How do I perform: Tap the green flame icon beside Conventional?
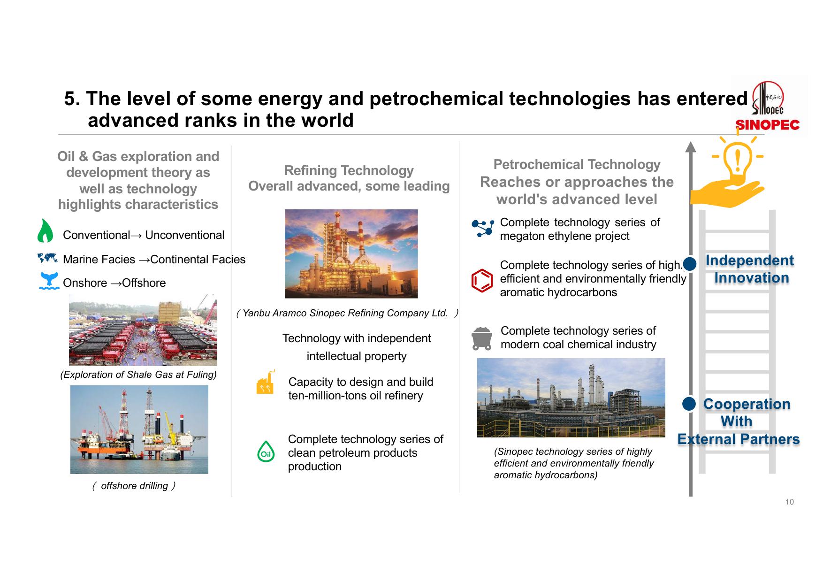[x=45, y=231]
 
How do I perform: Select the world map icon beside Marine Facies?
[x=47, y=258]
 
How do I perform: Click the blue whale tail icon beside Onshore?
[x=49, y=281]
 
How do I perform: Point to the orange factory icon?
[x=266, y=382]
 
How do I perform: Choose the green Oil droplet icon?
[x=266, y=452]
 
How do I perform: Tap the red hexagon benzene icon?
[x=482, y=281]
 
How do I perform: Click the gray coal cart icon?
[x=482, y=339]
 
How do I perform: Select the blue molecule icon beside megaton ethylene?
[x=482, y=228]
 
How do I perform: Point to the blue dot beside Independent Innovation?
[x=690, y=264]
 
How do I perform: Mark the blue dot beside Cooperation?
[x=689, y=404]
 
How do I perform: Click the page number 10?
[x=790, y=502]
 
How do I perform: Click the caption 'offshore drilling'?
[x=134, y=486]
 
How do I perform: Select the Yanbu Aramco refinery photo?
[x=351, y=253]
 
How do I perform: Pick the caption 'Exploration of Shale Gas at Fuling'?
[x=138, y=375]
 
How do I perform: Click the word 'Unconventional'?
[x=185, y=235]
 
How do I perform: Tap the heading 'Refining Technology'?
[x=349, y=170]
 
